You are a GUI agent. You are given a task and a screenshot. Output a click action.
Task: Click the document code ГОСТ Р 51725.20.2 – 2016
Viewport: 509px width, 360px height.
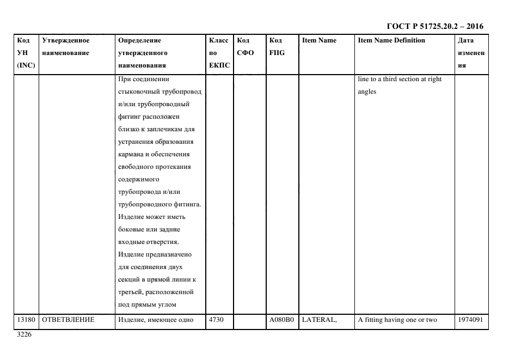[x=434, y=26]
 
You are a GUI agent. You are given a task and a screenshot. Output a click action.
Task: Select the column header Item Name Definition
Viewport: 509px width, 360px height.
[x=391, y=40]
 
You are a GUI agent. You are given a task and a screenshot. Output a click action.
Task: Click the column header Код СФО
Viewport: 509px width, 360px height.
[x=246, y=47]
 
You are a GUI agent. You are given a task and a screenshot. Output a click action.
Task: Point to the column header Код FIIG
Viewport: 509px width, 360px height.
[x=277, y=47]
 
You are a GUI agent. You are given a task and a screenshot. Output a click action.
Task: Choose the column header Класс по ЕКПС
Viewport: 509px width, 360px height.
[x=219, y=53]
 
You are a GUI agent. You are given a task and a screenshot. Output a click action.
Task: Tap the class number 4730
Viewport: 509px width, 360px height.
[x=216, y=320]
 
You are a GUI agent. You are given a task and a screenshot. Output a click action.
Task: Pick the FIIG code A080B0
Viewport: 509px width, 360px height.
[x=281, y=320]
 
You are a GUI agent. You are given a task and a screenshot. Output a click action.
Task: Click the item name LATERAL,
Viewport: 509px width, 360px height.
[x=320, y=320]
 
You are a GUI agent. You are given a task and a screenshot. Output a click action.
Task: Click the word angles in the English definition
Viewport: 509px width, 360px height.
[x=367, y=91]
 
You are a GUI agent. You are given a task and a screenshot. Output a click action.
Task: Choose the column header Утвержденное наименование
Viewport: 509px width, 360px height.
[x=65, y=47]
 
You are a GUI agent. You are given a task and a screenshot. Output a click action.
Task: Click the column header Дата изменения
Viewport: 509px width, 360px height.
[x=471, y=53]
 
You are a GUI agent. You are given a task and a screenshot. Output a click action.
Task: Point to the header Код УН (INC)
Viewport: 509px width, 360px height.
[x=26, y=53]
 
